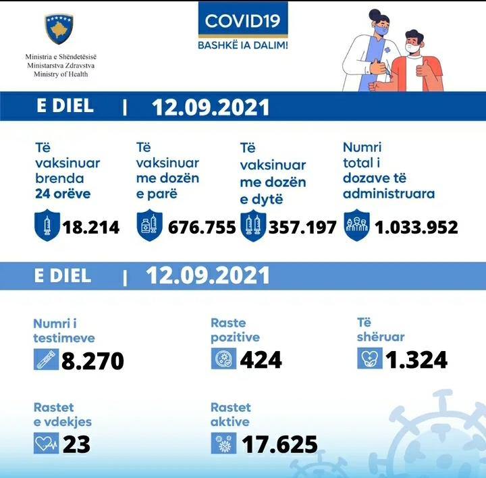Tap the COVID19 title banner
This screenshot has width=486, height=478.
(x=242, y=21)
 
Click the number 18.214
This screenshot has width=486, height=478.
(x=91, y=228)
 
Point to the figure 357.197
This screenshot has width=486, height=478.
(x=302, y=228)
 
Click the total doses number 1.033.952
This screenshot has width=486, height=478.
(x=416, y=228)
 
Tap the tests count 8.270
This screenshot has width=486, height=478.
(x=92, y=361)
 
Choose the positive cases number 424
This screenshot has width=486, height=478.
(x=261, y=360)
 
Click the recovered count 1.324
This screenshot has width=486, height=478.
(x=416, y=360)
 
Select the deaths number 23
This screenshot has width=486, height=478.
(x=76, y=444)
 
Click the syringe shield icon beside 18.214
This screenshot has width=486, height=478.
(x=46, y=225)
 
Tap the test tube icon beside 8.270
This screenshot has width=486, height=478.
(x=45, y=359)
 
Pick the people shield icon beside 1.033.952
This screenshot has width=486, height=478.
(x=356, y=225)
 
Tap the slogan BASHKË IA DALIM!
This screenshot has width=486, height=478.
(x=242, y=45)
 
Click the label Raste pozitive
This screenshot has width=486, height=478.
(x=235, y=330)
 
